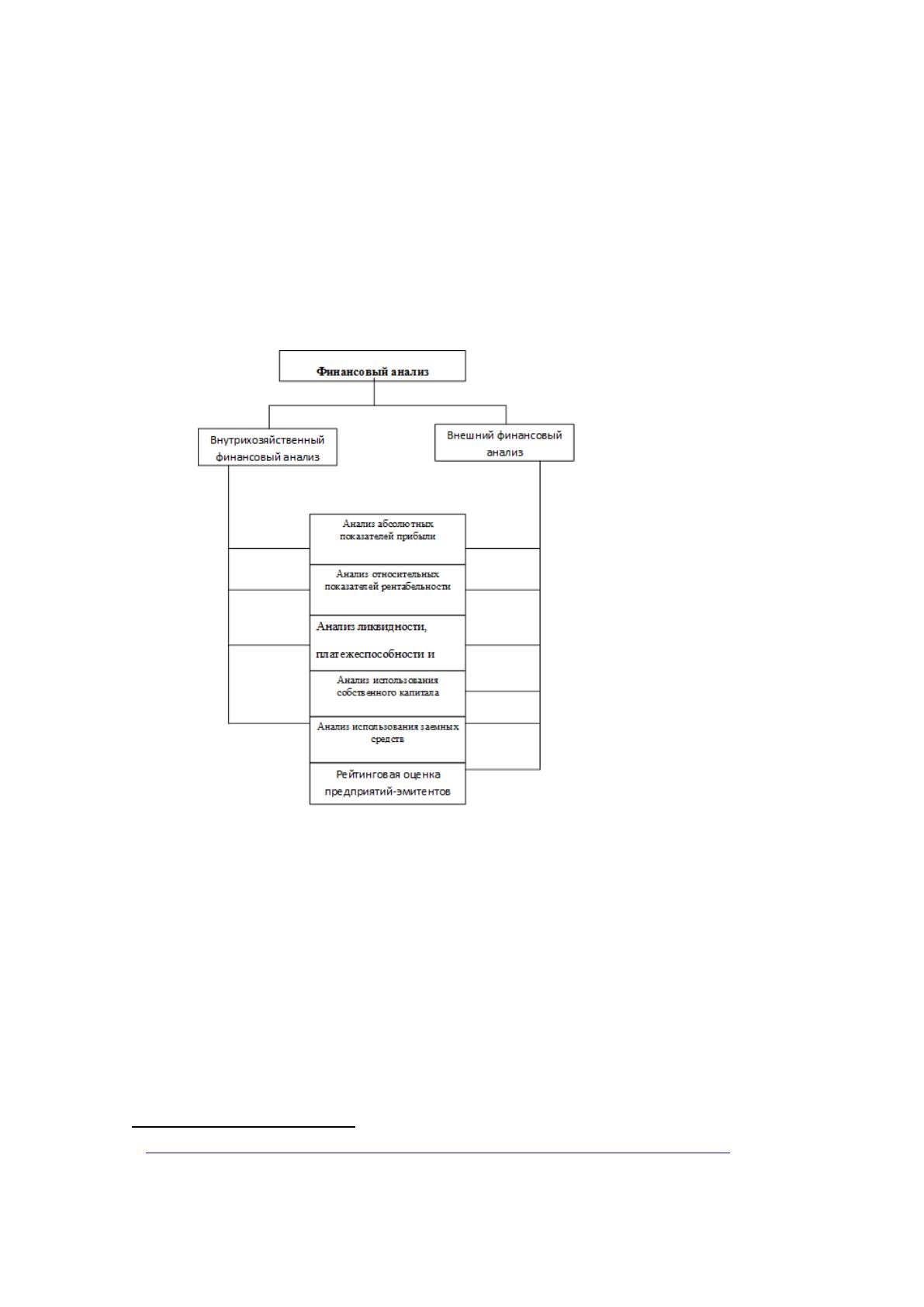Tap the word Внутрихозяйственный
click(267, 440)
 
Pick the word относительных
click(406, 574)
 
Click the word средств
click(387, 739)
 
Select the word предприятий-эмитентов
click(387, 792)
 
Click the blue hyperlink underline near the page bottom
click(438, 1153)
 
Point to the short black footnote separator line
click(244, 1127)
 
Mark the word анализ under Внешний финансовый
click(504, 452)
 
